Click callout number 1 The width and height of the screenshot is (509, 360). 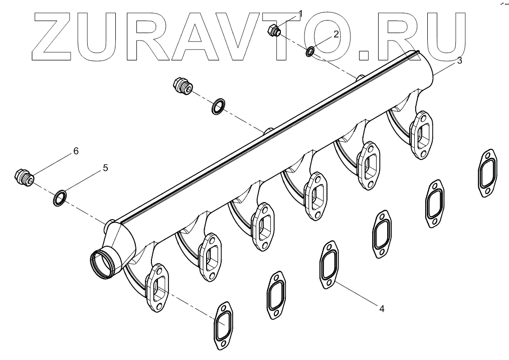(x=300, y=13)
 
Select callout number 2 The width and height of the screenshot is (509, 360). (x=336, y=34)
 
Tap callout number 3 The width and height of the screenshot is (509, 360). (x=459, y=61)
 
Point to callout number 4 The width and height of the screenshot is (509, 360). (x=382, y=309)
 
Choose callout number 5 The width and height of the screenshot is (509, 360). (x=105, y=168)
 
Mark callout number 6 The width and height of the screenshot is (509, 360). (x=76, y=151)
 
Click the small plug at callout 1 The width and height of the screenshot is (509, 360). (x=274, y=32)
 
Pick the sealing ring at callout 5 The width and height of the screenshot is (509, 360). (x=59, y=197)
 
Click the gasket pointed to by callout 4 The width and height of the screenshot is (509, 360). (x=329, y=265)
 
